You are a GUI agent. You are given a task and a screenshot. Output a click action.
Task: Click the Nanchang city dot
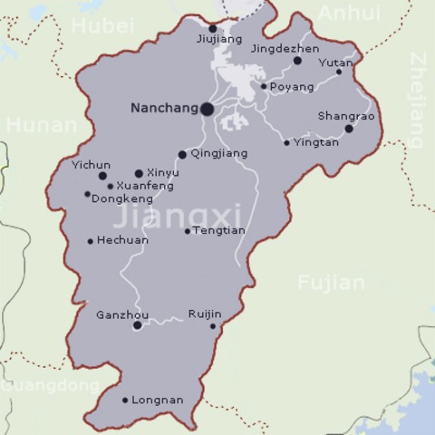coord(207,109)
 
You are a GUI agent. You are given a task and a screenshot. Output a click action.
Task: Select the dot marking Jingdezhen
coord(297,61)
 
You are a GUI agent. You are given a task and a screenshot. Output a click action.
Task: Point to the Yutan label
coord(335,63)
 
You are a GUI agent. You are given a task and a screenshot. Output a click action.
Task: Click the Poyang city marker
coord(264,87)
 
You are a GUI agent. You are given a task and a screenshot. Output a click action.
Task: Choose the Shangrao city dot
coord(349,129)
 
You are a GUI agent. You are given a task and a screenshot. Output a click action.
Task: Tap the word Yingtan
coord(316,142)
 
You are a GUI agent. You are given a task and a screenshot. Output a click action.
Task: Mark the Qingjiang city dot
coord(182,154)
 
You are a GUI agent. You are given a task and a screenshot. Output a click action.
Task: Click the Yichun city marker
coord(102,176)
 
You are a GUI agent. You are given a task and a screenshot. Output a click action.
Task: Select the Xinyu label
coord(163,172)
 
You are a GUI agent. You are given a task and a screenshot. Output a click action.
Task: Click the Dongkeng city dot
coord(87,194)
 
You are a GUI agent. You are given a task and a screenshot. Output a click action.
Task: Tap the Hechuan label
coord(122,241)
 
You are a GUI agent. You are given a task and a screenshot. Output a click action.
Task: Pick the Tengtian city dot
coord(188,231)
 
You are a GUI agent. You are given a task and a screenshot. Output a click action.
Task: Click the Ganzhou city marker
coord(137,325)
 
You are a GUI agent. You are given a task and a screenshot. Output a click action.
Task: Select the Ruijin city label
coord(205,314)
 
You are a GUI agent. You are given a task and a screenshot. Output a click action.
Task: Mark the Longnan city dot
coord(125,400)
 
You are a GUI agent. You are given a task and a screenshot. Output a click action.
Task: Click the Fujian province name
coord(332,283)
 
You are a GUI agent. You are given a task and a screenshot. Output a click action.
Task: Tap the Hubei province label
coord(102,24)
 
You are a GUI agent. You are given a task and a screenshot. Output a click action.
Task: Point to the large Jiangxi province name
coord(178,217)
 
